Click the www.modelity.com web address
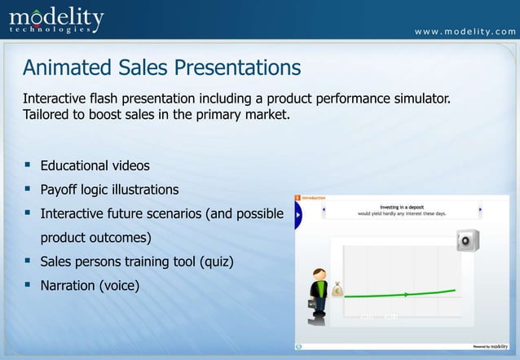(x=465, y=32)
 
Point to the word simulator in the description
(x=416, y=99)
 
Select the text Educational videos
(x=95, y=166)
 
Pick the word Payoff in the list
(x=62, y=190)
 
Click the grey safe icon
(x=468, y=241)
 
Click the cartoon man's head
(x=319, y=274)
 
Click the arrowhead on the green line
(x=407, y=294)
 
